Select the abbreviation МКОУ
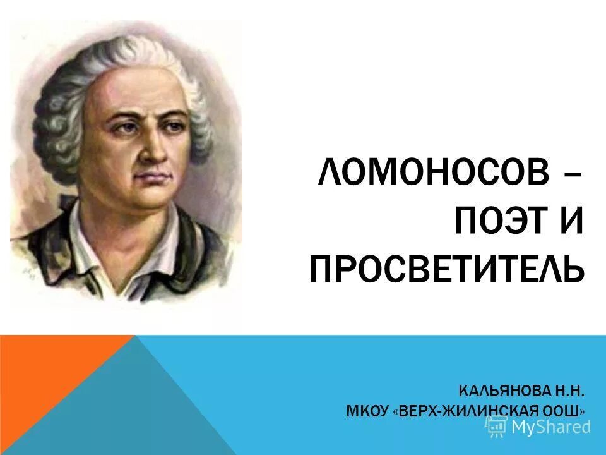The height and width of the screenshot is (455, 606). [x=367, y=411]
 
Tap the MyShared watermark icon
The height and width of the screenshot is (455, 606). [x=497, y=427]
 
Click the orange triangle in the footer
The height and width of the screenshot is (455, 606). [x=50, y=379]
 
